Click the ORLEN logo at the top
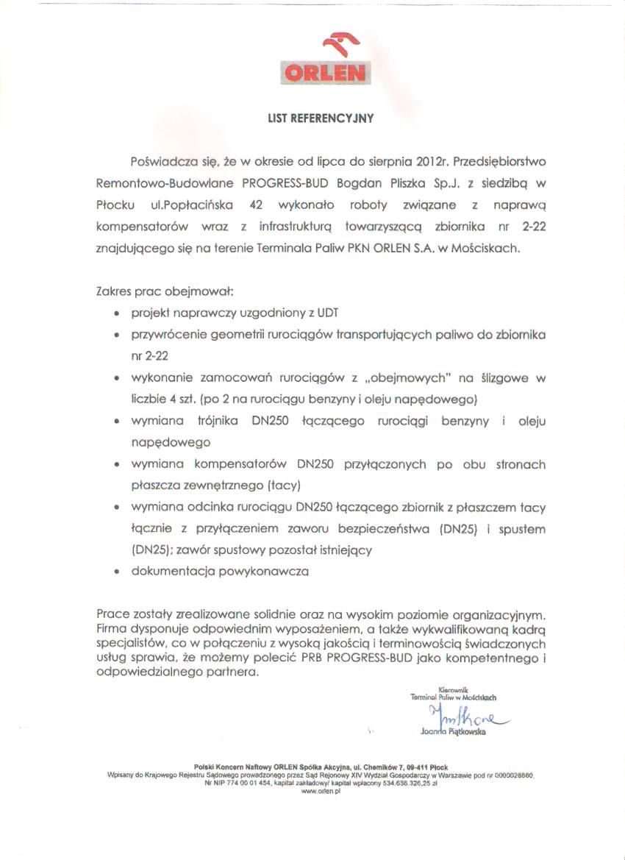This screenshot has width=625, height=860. pyautogui.click(x=326, y=60)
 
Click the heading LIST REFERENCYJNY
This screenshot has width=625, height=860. pyautogui.click(x=321, y=117)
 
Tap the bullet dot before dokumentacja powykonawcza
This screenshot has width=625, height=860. pyautogui.click(x=118, y=572)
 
